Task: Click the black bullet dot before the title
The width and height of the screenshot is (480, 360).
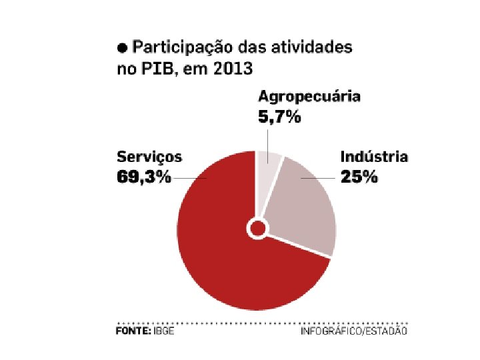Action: (x=123, y=48)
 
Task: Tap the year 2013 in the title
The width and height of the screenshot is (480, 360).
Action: (x=233, y=68)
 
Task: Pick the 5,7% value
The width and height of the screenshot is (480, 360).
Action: (x=280, y=117)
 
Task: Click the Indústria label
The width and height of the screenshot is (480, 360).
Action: (x=374, y=157)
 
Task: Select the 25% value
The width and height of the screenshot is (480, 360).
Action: (x=359, y=177)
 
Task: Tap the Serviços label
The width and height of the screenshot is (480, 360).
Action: (x=149, y=157)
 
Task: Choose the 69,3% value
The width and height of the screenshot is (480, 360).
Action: (x=144, y=177)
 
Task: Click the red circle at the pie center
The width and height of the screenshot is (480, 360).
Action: (x=258, y=229)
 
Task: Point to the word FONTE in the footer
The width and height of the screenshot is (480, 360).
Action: (x=133, y=331)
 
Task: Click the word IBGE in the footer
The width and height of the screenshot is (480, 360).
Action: (x=164, y=331)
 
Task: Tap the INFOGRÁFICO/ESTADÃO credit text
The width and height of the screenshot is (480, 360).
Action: (x=354, y=331)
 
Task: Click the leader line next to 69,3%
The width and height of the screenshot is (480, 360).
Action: (x=189, y=178)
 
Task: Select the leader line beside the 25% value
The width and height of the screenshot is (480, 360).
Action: (x=318, y=178)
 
